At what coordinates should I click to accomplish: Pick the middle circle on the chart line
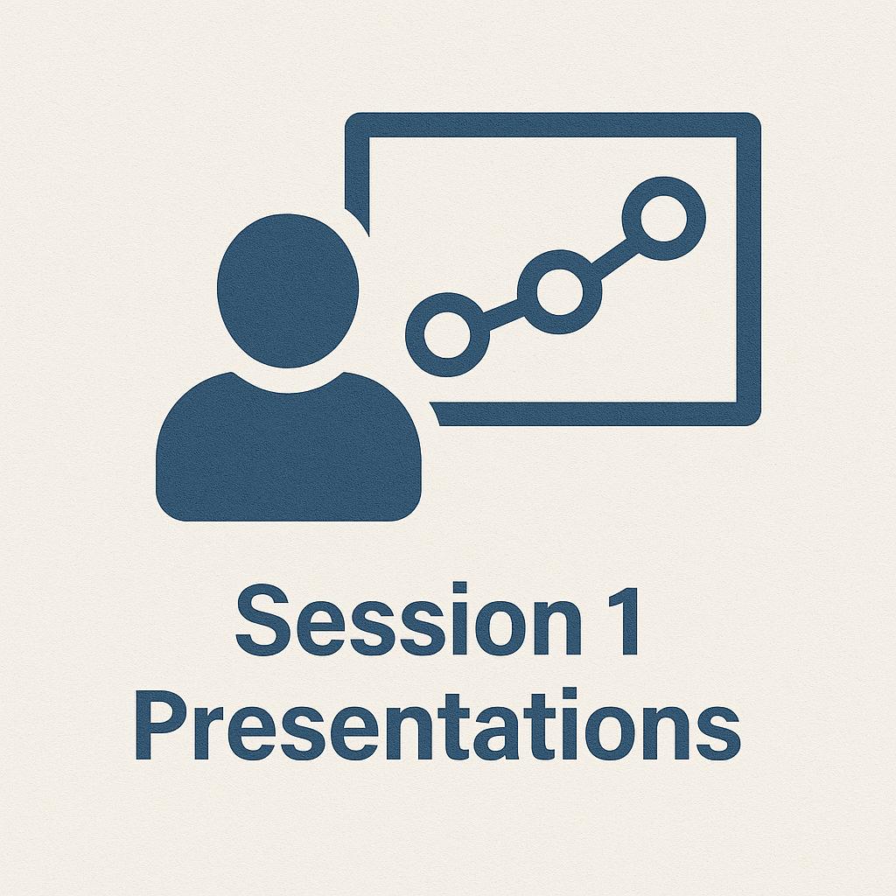[557, 291]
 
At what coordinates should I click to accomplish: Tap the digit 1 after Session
[624, 623]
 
